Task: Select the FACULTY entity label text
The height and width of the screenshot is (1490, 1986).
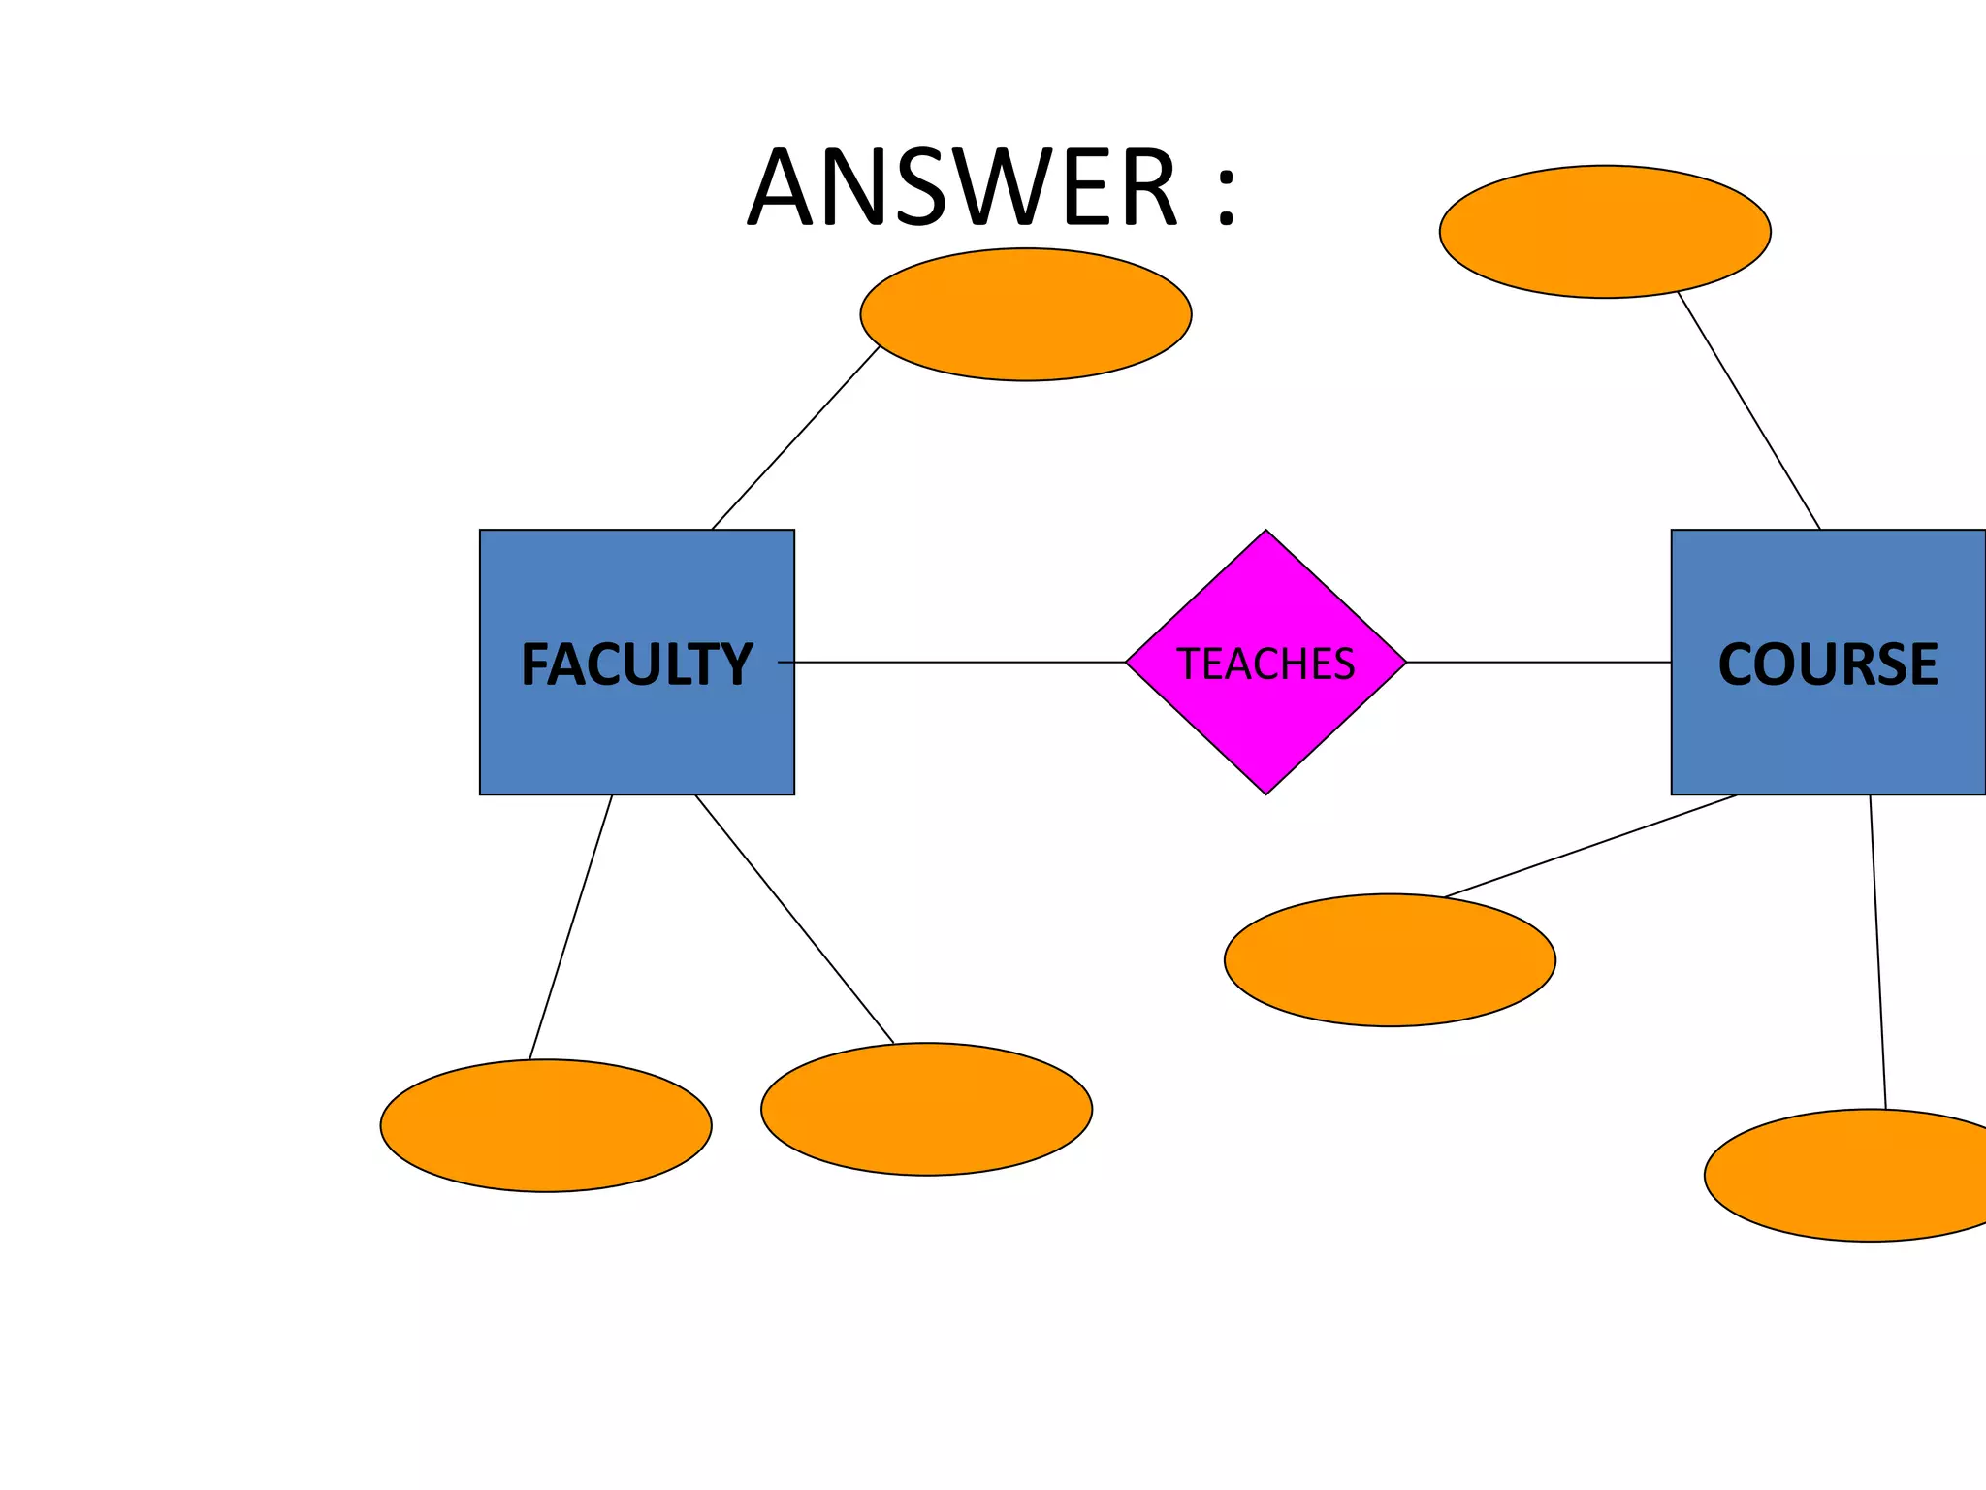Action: point(636,664)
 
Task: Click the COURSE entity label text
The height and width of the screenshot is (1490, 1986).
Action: point(1827,664)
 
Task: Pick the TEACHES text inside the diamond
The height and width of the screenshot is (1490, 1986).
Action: point(1265,664)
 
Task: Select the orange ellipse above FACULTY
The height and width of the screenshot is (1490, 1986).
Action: point(1025,314)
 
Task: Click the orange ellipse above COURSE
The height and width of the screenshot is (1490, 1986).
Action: point(1605,232)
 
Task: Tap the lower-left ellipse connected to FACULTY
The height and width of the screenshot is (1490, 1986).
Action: point(546,1125)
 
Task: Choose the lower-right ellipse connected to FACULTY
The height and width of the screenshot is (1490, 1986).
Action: point(926,1109)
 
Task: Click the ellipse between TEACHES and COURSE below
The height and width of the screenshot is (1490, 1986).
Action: point(1390,959)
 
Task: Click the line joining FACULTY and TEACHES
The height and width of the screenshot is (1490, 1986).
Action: point(960,663)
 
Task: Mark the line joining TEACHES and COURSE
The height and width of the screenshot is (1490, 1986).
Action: point(1538,663)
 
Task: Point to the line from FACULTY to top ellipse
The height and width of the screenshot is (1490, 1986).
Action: point(795,437)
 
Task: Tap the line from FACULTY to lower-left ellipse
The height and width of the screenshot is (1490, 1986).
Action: point(570,927)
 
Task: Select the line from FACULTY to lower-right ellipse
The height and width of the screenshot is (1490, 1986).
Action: point(794,919)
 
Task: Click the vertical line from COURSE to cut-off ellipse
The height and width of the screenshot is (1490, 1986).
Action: point(1877,951)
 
